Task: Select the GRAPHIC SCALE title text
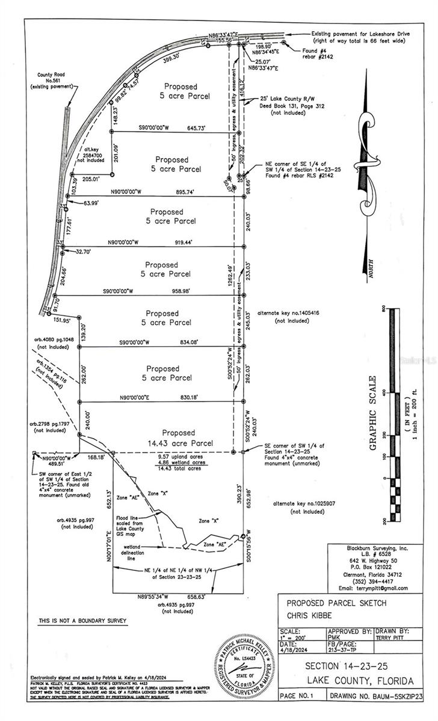coord(373,413)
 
